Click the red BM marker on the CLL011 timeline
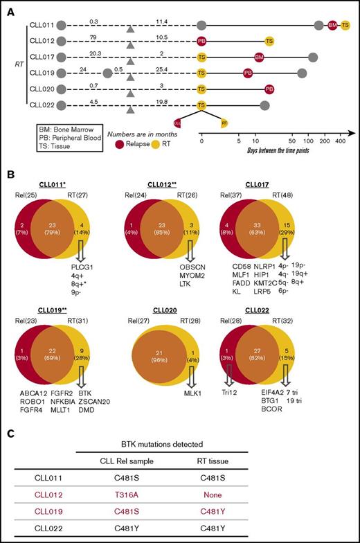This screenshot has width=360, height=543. point(333,26)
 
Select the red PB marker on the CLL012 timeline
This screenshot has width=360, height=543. point(201,42)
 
